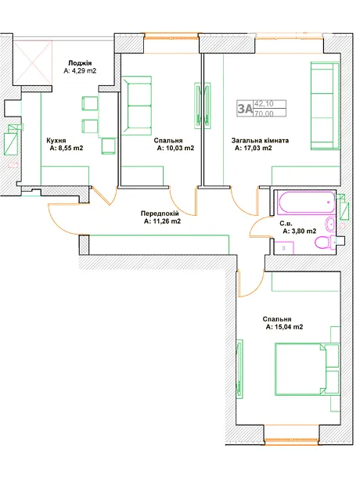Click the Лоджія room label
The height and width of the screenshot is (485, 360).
click(x=80, y=63)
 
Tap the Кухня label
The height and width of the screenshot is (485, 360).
click(x=56, y=141)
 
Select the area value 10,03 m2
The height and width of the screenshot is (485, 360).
click(x=175, y=148)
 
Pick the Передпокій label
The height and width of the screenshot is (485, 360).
click(x=160, y=214)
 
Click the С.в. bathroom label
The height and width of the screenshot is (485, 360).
click(x=286, y=223)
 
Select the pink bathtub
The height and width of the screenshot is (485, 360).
click(x=306, y=203)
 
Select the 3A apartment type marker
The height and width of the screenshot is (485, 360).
click(x=245, y=109)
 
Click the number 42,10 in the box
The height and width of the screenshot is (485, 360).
click(x=264, y=104)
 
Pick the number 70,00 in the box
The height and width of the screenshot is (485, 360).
click(x=264, y=113)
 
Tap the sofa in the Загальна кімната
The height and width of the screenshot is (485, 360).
click(x=325, y=106)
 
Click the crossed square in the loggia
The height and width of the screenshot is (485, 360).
click(x=33, y=63)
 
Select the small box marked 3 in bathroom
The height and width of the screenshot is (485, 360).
click(x=284, y=248)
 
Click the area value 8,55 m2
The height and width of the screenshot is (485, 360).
click(x=67, y=148)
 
